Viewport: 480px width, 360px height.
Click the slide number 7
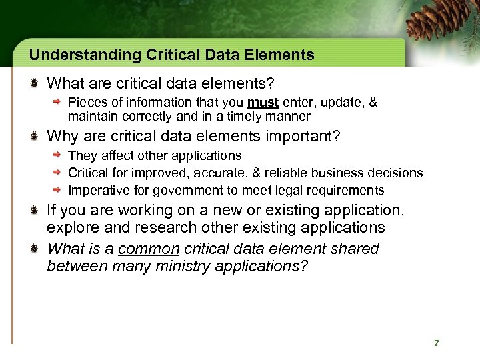436,343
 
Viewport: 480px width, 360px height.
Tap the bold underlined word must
263,103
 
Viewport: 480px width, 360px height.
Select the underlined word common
149,249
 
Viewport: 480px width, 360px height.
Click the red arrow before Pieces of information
58,103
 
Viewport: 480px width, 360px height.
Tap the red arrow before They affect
58,155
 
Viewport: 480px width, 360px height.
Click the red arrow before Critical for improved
58,173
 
